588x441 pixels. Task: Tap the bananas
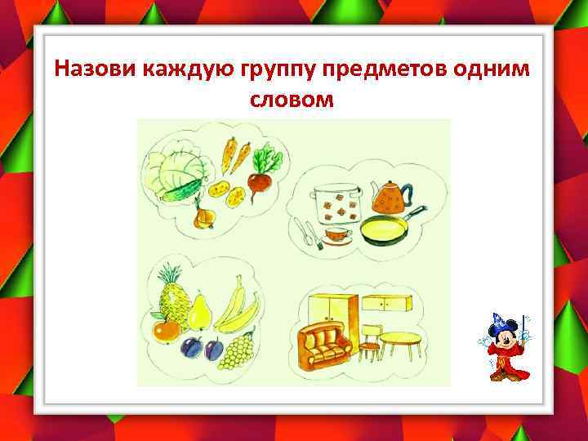tap(237, 307)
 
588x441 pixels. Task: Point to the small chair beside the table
tap(370, 342)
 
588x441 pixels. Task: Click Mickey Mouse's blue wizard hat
tap(499, 320)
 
